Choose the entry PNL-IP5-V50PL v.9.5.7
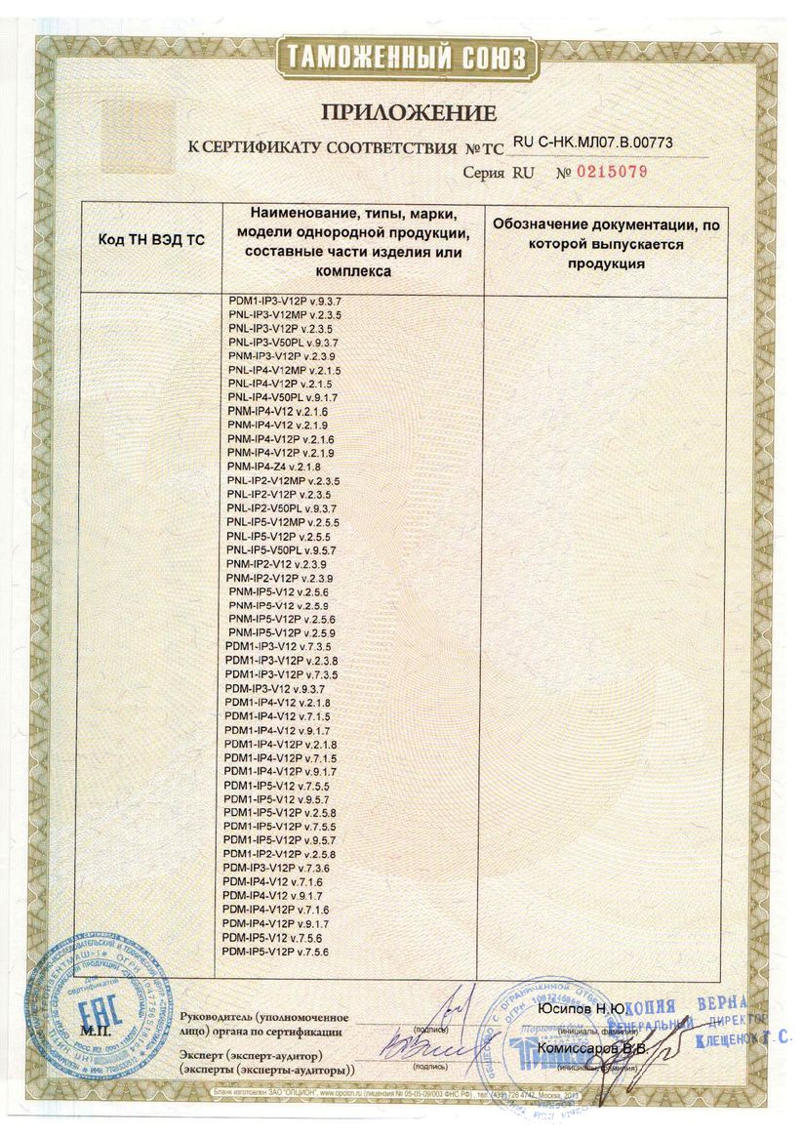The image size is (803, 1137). (282, 550)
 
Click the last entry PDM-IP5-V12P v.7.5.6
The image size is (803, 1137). (276, 951)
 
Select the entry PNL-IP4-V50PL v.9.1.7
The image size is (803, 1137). (282, 398)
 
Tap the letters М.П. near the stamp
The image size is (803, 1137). (98, 1031)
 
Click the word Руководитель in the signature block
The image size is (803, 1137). (214, 1017)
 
